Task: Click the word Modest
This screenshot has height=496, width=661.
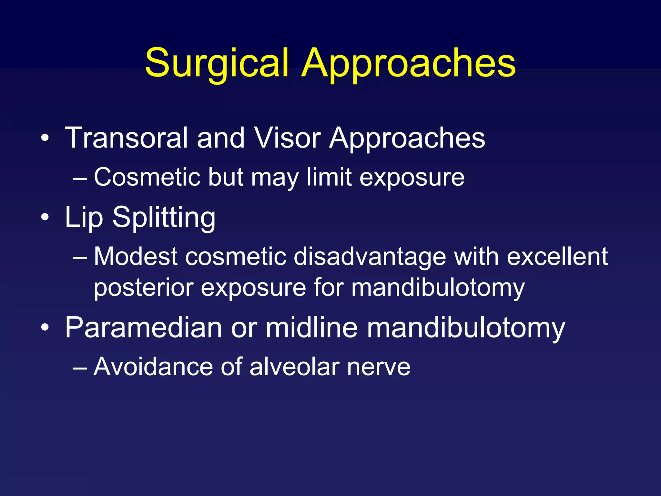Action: click(x=136, y=257)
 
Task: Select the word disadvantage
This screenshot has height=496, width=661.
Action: click(x=370, y=257)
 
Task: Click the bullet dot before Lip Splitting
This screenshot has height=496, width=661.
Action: click(x=45, y=217)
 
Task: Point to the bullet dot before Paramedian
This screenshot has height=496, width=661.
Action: click(x=45, y=328)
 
